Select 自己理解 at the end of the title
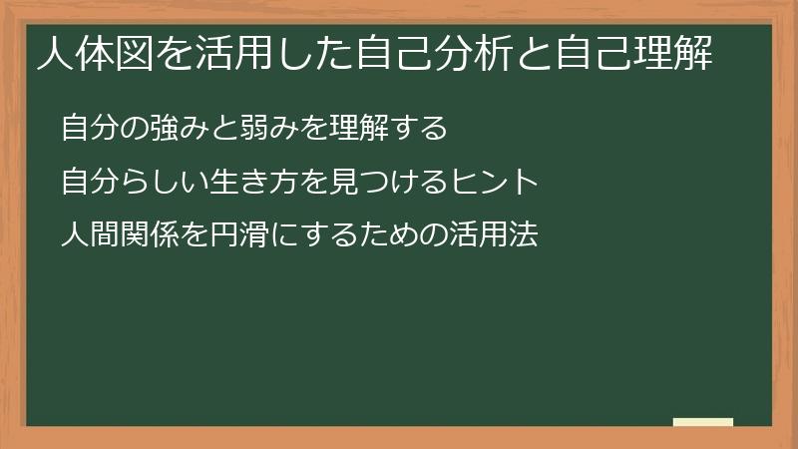tap(634, 53)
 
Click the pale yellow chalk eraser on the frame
tap(703, 422)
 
